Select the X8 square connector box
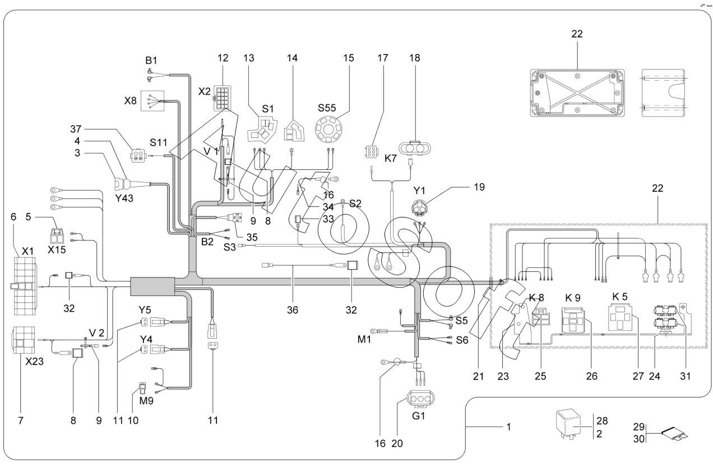coord(152,102)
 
